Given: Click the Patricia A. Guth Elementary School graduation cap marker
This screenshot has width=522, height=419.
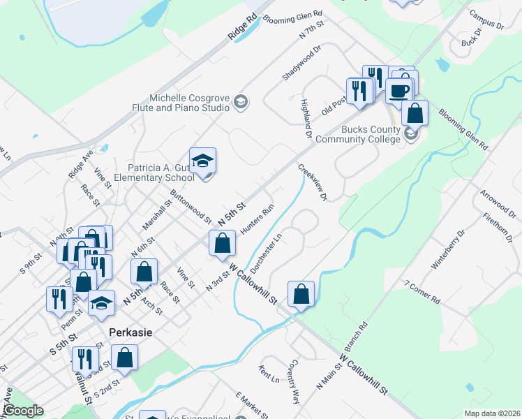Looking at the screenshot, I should coord(202,161).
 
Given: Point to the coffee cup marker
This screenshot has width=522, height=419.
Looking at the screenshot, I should coord(399,91).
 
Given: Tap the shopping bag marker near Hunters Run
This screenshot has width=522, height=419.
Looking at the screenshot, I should coord(222,243).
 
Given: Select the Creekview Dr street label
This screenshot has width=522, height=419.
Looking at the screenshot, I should coord(313,182).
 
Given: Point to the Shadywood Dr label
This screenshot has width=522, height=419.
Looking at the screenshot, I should coord(301,62).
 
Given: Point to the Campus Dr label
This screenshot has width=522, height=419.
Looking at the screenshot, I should coord(486,20).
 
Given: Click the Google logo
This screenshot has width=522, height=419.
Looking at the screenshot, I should coord(23,411).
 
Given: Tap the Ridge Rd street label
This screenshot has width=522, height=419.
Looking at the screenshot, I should coord(242,27).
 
